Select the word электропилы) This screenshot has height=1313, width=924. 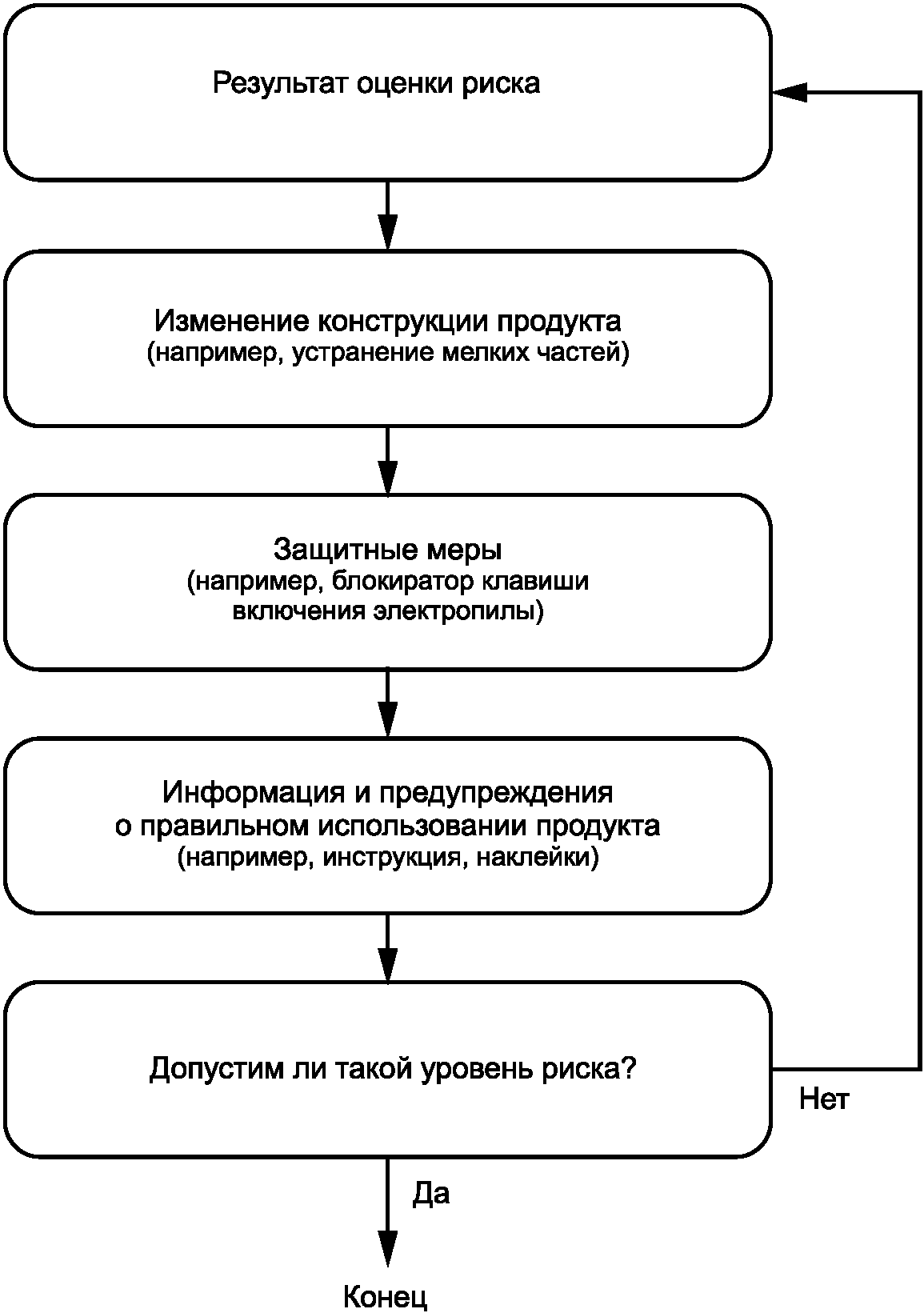pos(458,612)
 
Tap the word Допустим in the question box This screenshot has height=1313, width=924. pos(217,1069)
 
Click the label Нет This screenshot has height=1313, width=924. pos(824,1099)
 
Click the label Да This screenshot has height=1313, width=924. pos(431,1194)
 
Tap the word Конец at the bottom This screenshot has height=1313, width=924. pos(385,1297)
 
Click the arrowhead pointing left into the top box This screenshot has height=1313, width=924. pos(790,92)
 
